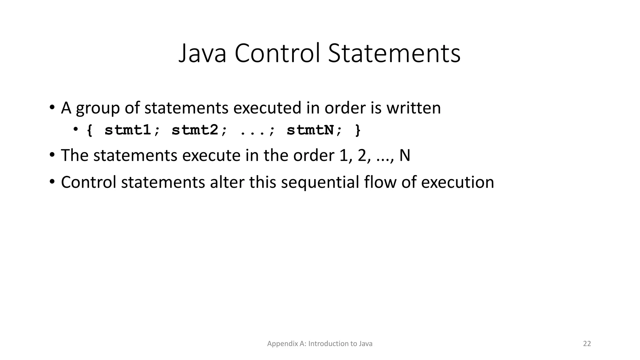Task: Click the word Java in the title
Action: (202, 53)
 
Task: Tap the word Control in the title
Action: (277, 53)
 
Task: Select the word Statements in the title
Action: (394, 53)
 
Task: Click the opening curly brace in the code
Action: (90, 130)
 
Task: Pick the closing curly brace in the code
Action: (358, 130)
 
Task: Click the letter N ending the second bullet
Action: (405, 155)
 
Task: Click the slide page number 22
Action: (587, 344)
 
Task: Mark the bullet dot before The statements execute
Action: (52, 155)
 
